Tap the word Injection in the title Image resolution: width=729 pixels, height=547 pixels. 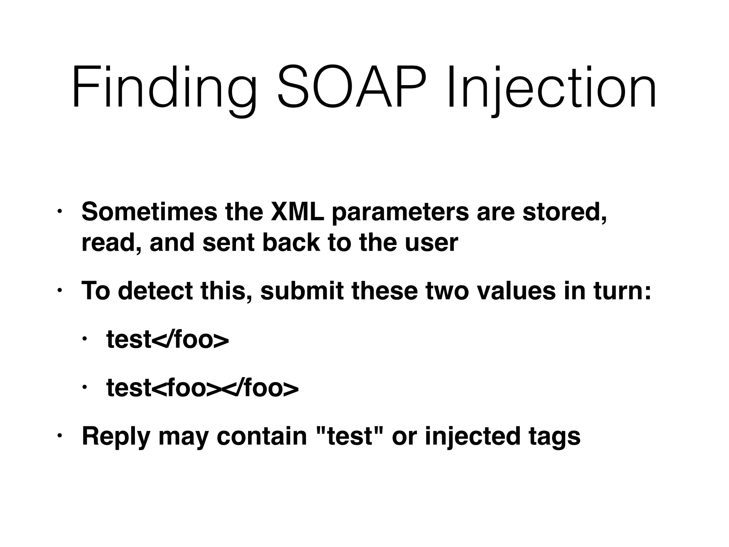pyautogui.click(x=551, y=87)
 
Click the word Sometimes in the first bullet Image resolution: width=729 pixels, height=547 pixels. pyautogui.click(x=149, y=212)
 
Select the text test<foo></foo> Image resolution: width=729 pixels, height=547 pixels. pyautogui.click(x=202, y=388)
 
